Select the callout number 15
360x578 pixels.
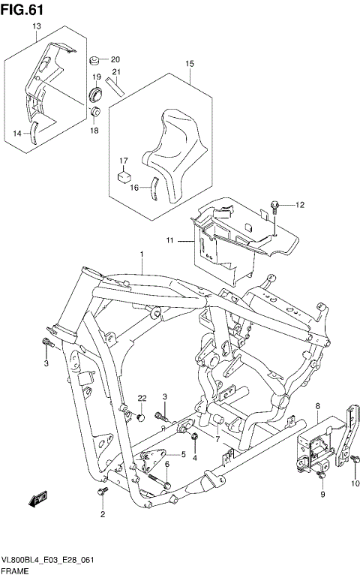click(x=190, y=64)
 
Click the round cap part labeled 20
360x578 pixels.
click(x=96, y=60)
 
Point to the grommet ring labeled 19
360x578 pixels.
click(x=96, y=94)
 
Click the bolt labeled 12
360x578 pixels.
click(x=276, y=204)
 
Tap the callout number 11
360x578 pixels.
click(x=170, y=240)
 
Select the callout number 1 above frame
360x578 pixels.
click(x=140, y=256)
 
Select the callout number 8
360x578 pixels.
click(x=318, y=407)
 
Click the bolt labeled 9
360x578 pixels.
click(x=322, y=474)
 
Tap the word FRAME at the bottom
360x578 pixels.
click(x=15, y=571)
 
